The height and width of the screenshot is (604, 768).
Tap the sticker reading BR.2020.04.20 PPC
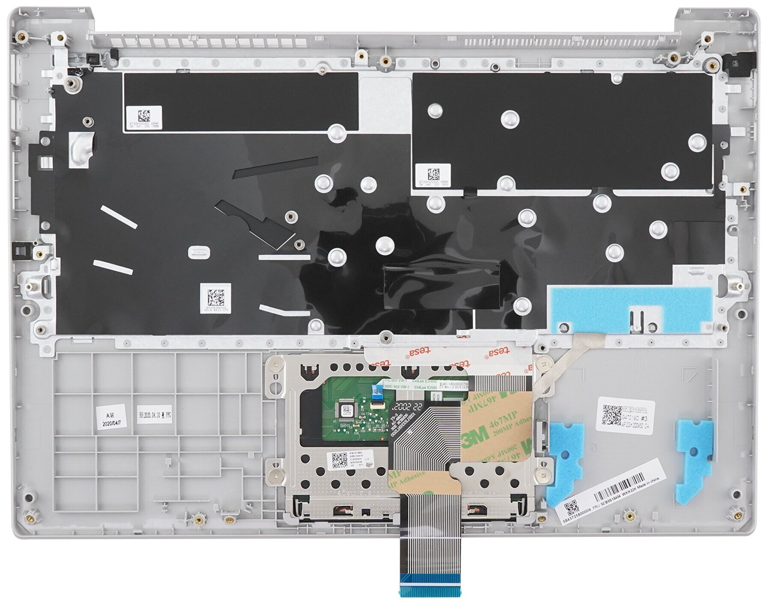click(154, 415)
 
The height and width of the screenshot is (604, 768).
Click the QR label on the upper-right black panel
click(433, 174)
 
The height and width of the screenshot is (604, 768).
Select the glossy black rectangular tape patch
click(442, 286)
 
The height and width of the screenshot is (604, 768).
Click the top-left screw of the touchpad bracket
click(280, 364)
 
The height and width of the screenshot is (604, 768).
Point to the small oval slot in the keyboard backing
click(198, 252)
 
